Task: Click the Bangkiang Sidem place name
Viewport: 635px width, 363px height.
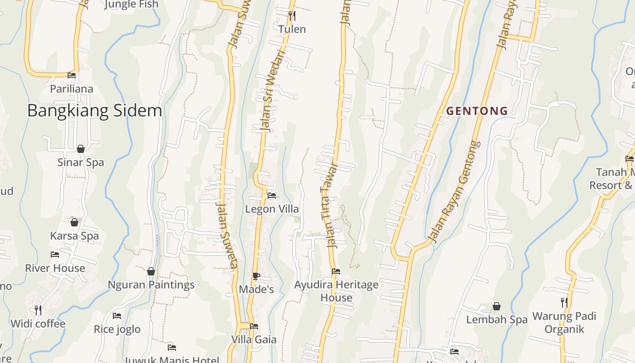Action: coord(94,111)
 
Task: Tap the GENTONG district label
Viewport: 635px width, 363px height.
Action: coord(477,111)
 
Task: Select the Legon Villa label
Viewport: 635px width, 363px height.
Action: coord(272,209)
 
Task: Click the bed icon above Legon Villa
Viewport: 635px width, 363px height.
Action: coord(272,196)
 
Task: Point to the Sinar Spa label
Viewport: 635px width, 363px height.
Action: coord(81,162)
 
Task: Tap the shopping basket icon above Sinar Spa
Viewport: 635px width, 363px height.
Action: coord(81,149)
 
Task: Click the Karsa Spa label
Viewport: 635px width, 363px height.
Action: coord(74,236)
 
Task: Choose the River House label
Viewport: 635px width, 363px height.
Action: coord(55,268)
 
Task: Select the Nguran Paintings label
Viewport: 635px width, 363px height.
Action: coord(151,285)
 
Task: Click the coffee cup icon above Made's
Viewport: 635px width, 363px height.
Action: coord(256,276)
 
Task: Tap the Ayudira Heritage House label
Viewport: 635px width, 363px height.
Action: coord(336,291)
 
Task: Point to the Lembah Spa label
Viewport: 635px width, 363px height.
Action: coord(497,319)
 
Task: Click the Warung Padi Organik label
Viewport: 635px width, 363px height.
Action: coord(564,322)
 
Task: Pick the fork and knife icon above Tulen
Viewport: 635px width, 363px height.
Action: coord(292,16)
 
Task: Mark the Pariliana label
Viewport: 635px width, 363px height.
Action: coord(72,89)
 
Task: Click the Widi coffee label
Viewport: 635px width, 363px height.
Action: coord(38,324)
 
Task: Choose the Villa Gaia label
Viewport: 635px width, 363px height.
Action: coord(254,339)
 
